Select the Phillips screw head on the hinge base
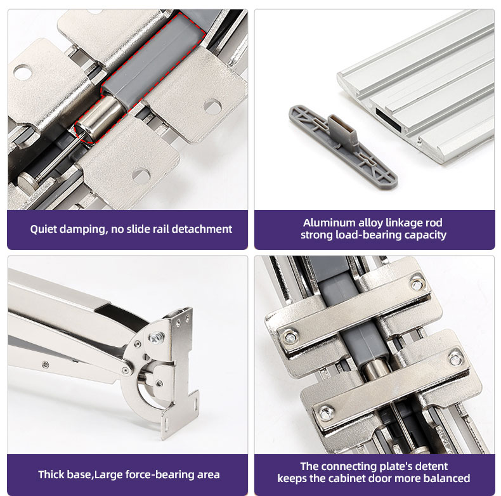click(x=156, y=337)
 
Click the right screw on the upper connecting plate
click(x=417, y=284)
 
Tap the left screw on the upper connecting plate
click(x=290, y=337)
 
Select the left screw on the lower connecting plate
click(x=326, y=413)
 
